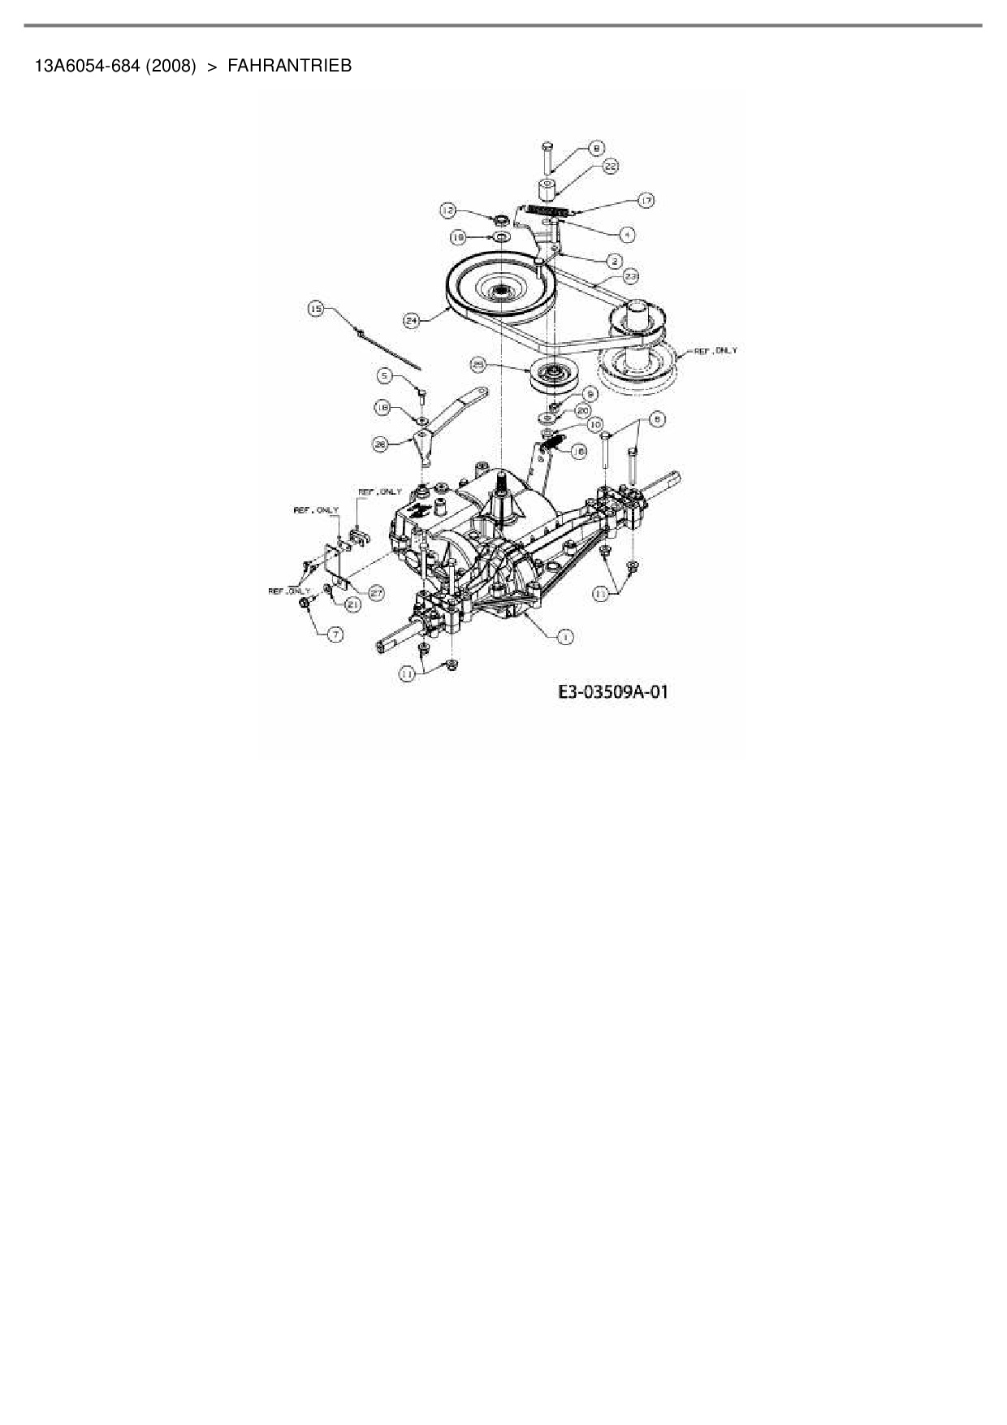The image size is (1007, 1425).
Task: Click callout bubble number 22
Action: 611,166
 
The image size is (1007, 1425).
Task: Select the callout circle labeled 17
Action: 646,200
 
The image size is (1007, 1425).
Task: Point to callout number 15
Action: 317,308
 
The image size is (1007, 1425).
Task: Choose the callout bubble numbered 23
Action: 631,276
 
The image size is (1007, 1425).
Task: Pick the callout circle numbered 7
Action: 335,634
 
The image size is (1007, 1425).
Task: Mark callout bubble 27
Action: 376,593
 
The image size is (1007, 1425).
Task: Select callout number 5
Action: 386,375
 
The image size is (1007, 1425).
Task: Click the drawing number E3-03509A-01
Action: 613,692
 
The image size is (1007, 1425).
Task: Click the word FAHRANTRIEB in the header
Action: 289,66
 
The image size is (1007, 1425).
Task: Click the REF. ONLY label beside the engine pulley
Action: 715,350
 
